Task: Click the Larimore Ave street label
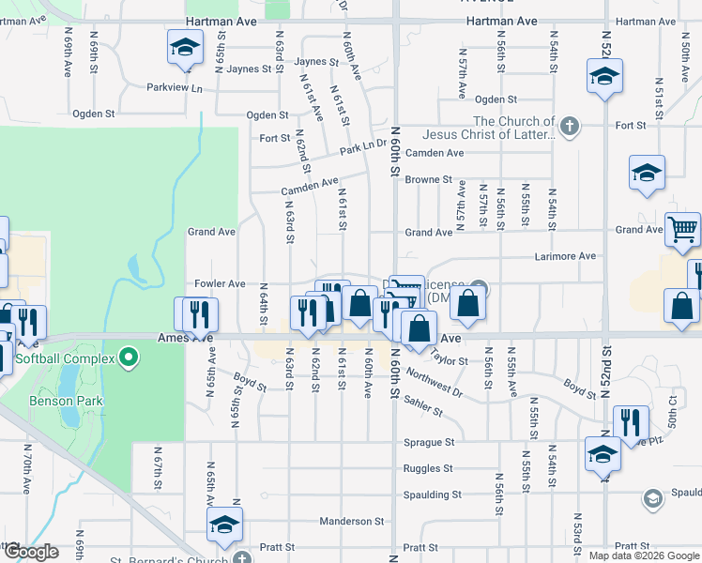pyautogui.click(x=565, y=255)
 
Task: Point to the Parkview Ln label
pyautogui.click(x=175, y=87)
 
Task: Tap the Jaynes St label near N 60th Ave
pyautogui.click(x=316, y=62)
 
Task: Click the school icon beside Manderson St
pyautogui.click(x=224, y=526)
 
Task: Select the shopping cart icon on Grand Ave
pyautogui.click(x=682, y=228)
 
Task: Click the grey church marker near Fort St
pyautogui.click(x=569, y=126)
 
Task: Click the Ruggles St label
pyautogui.click(x=428, y=468)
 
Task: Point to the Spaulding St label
pyautogui.click(x=431, y=495)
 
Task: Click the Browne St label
pyautogui.click(x=429, y=179)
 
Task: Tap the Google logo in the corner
pyautogui.click(x=31, y=553)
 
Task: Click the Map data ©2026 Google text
pyautogui.click(x=644, y=555)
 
